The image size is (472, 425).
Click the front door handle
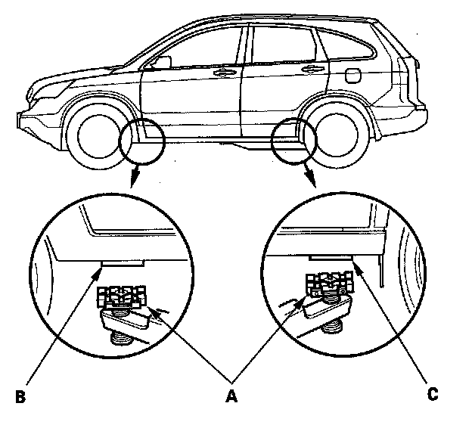224,73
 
